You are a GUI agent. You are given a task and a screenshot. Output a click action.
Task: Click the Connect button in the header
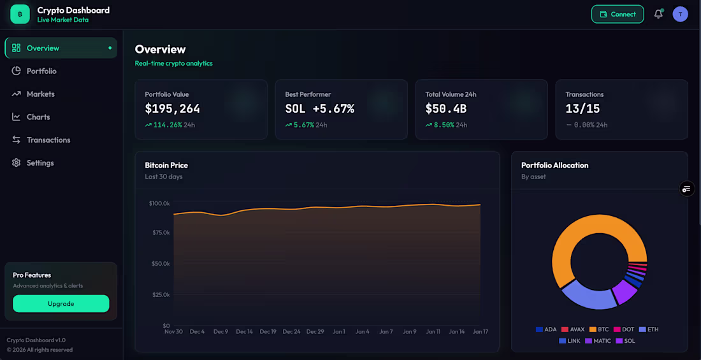[618, 14]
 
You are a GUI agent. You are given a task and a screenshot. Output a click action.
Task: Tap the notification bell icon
[658, 14]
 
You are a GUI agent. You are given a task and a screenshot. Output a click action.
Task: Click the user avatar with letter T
[680, 14]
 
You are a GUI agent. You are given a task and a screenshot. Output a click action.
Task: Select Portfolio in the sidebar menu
[41, 71]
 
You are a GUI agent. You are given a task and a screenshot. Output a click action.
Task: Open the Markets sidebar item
[40, 94]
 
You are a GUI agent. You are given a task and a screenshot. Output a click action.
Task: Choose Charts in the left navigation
[38, 117]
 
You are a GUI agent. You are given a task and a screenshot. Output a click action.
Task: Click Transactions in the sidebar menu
[48, 140]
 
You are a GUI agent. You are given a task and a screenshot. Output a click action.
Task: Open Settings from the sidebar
[40, 162]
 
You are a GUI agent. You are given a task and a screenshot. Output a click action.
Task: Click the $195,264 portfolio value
[172, 108]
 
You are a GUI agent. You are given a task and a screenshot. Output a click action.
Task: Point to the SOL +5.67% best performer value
[319, 108]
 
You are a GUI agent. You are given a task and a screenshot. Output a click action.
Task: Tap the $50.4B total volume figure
[446, 108]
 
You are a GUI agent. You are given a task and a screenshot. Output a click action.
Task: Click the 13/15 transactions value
[582, 108]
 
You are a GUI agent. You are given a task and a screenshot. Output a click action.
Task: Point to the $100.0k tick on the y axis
[159, 203]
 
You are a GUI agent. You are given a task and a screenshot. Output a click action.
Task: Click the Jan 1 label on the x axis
[338, 331]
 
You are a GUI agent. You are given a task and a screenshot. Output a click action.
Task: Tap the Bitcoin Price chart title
[166, 165]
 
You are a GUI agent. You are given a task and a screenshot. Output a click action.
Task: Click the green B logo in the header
[20, 14]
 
